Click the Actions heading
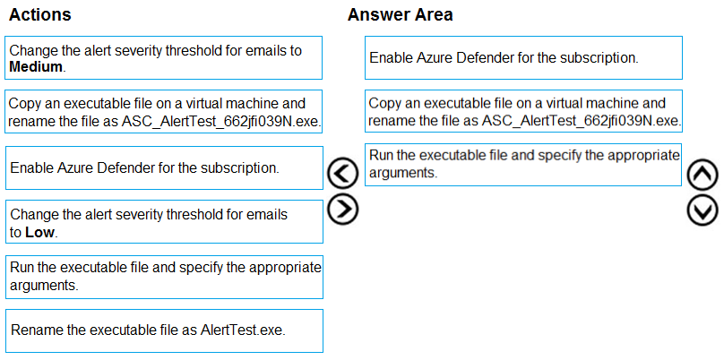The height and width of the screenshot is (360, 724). click(x=40, y=14)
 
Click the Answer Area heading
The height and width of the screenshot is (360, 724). click(x=400, y=14)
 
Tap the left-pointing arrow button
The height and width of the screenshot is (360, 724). click(x=342, y=174)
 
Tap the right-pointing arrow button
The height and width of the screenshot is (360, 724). click(x=342, y=210)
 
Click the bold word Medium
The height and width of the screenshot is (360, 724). click(x=36, y=67)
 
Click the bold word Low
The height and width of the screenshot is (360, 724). click(x=39, y=233)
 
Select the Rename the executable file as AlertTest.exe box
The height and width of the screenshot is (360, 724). click(x=164, y=331)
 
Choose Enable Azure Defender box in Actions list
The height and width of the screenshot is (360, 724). click(x=164, y=168)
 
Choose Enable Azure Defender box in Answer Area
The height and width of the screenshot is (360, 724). click(x=523, y=57)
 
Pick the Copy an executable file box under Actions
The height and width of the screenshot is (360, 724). click(x=164, y=112)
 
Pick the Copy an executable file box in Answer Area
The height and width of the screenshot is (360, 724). click(x=523, y=112)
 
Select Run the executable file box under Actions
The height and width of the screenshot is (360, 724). click(x=164, y=277)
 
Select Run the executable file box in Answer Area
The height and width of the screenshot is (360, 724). click(x=523, y=165)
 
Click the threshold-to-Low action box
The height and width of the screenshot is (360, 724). click(x=164, y=221)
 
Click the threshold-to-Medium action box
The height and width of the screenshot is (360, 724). click(x=164, y=57)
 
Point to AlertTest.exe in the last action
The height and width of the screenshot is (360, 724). click(x=244, y=330)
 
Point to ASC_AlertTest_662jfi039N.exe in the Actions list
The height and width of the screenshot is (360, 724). click(x=221, y=122)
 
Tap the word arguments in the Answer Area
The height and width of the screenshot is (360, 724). click(x=402, y=174)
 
